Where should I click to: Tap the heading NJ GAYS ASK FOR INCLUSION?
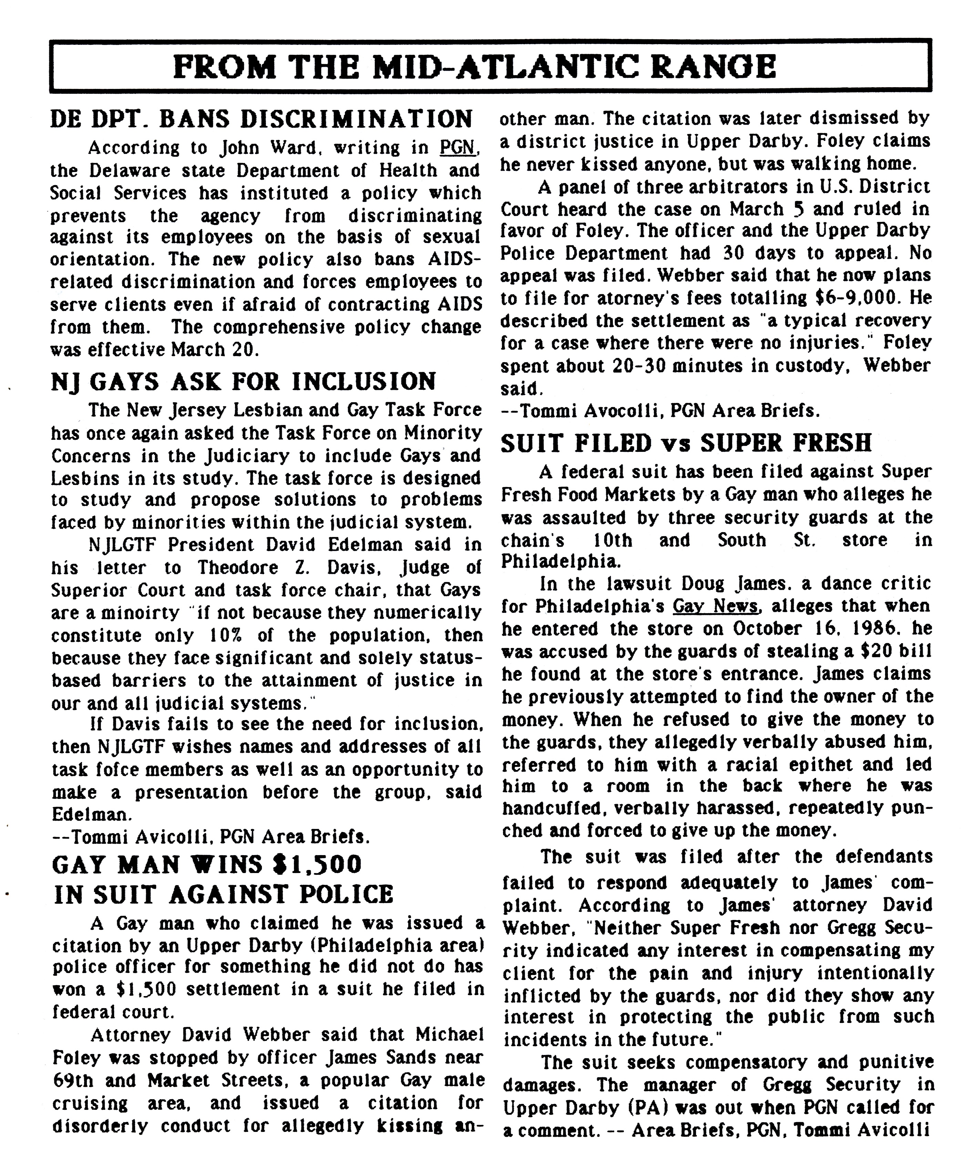243,382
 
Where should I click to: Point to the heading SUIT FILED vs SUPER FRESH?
686,443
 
